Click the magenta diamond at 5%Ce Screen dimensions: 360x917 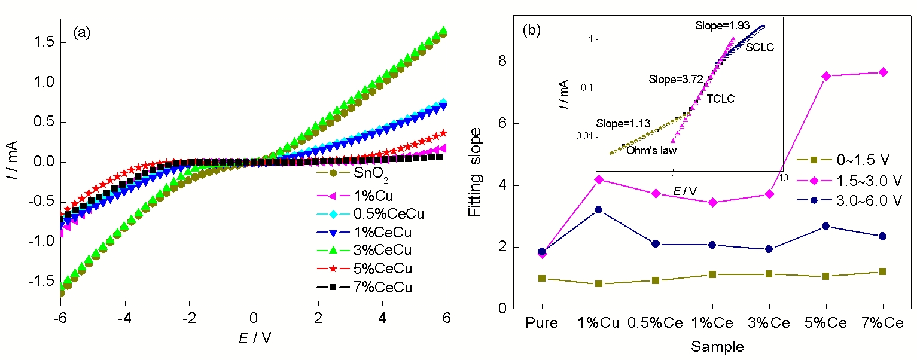tap(826, 76)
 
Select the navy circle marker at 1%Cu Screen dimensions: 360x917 tap(599, 210)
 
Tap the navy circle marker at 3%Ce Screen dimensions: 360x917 tap(769, 249)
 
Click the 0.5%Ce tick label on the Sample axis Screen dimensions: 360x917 tap(656, 324)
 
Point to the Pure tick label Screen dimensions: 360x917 tap(542, 324)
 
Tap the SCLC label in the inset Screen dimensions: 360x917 tap(760, 47)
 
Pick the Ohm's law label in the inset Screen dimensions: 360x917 tap(651, 151)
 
